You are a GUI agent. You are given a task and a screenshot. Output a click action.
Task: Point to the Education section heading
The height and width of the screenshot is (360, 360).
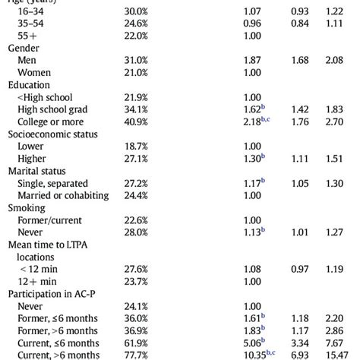(x=29, y=85)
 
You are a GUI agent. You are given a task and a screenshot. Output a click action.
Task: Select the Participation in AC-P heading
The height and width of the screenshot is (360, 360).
(x=54, y=292)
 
